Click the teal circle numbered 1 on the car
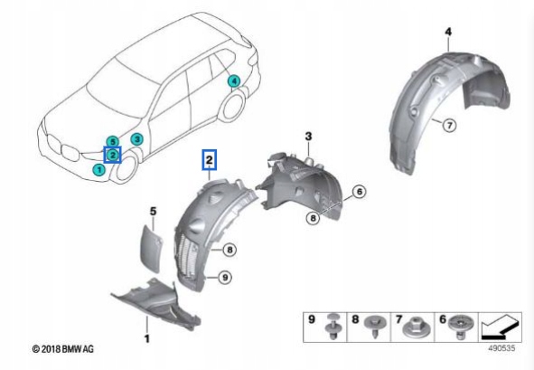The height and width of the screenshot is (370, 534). click(98, 168)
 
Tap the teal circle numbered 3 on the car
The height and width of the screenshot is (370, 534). click(136, 138)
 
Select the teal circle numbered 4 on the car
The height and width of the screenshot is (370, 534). click(234, 81)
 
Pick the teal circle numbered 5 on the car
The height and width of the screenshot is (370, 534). click(111, 142)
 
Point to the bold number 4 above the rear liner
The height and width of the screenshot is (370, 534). click(447, 33)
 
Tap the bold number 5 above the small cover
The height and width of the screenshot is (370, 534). click(153, 212)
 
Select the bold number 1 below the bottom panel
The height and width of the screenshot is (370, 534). click(146, 337)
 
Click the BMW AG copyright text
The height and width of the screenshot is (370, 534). click(63, 348)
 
